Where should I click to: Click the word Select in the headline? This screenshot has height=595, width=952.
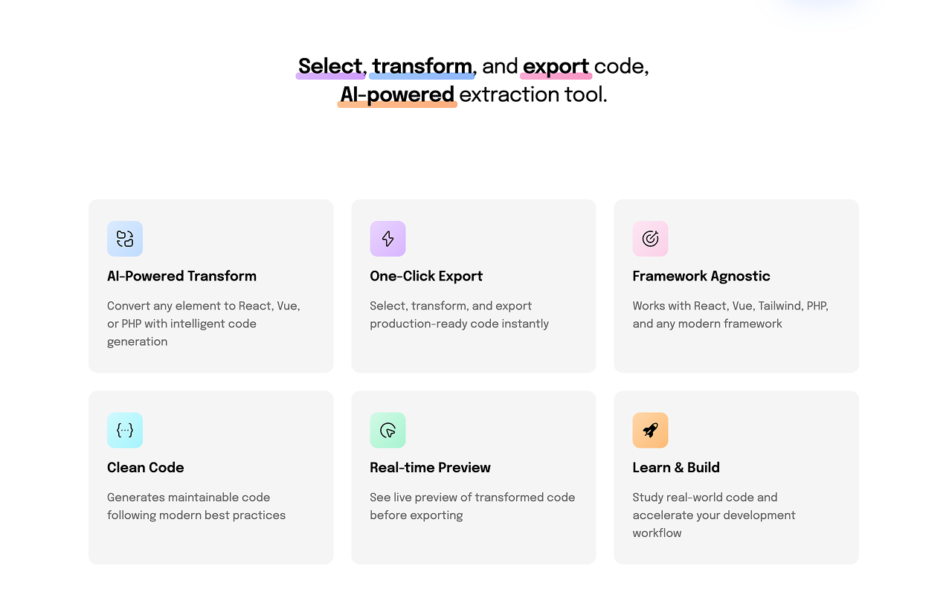click(x=330, y=66)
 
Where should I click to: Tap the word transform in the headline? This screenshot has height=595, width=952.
click(x=422, y=66)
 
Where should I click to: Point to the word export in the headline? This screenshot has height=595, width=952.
click(x=556, y=66)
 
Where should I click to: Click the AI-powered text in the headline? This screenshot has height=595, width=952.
click(x=397, y=94)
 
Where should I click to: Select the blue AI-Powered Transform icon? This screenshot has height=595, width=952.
click(x=125, y=239)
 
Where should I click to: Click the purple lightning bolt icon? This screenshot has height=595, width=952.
click(x=387, y=239)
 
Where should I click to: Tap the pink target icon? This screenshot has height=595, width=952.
click(x=650, y=239)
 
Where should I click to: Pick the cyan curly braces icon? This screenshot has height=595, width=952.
click(x=125, y=431)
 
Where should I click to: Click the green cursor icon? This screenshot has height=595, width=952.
click(x=387, y=431)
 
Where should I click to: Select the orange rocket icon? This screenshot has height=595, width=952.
click(x=650, y=431)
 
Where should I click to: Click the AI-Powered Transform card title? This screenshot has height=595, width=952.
click(x=181, y=276)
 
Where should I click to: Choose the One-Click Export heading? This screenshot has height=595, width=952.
click(x=426, y=276)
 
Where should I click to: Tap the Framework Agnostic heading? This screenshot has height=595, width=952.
click(x=701, y=276)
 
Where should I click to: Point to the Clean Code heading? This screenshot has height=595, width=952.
click(x=146, y=468)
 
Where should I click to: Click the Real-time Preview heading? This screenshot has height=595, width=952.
click(x=430, y=468)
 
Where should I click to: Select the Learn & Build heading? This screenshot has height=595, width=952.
click(x=676, y=468)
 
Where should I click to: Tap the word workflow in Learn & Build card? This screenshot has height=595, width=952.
click(x=657, y=533)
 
